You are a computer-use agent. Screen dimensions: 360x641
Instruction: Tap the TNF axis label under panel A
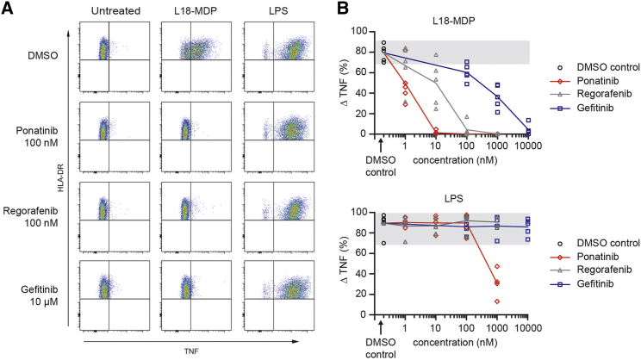(x=189, y=351)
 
